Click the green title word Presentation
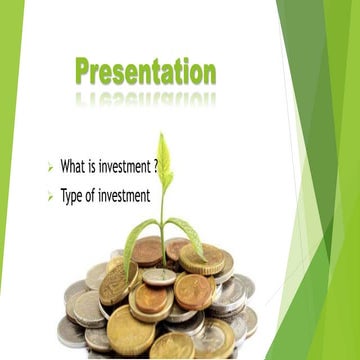pyautogui.click(x=145, y=72)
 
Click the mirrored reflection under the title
pyautogui.click(x=145, y=98)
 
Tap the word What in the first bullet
pyautogui.click(x=72, y=165)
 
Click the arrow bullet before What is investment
pyautogui.click(x=50, y=166)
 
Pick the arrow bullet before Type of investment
pyautogui.click(x=50, y=197)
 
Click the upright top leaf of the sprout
pyautogui.click(x=164, y=158)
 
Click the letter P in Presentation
pyautogui.click(x=84, y=72)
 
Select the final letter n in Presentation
pyautogui.click(x=208, y=74)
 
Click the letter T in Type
pyautogui.click(x=63, y=196)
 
